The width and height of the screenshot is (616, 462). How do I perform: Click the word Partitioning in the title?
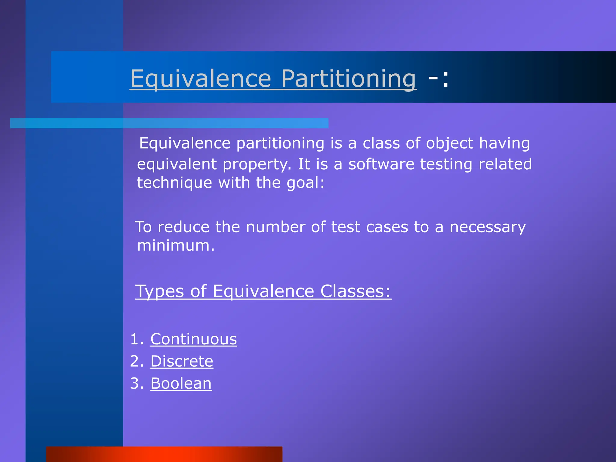[349, 79]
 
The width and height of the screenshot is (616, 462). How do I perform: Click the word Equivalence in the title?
[201, 79]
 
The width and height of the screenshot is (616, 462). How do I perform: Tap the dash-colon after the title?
[439, 79]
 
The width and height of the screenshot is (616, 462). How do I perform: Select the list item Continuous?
[194, 339]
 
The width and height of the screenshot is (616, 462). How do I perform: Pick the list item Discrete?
[182, 361]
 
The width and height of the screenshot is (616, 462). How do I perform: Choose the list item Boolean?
[181, 383]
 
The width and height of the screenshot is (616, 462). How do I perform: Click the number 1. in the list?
[137, 339]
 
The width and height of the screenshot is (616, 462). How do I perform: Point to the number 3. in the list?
[137, 383]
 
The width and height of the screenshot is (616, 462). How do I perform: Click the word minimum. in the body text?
[176, 245]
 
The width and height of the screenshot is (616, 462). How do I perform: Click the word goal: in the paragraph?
[306, 183]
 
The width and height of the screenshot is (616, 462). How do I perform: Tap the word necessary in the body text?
[488, 227]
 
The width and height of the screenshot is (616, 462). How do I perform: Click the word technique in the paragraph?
[174, 183]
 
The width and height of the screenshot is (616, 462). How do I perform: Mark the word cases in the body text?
[387, 227]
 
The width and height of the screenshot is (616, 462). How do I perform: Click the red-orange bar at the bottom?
[164, 454]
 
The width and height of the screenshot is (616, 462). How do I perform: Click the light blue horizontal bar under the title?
[169, 123]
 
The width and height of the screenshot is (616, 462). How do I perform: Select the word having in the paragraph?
[504, 143]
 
